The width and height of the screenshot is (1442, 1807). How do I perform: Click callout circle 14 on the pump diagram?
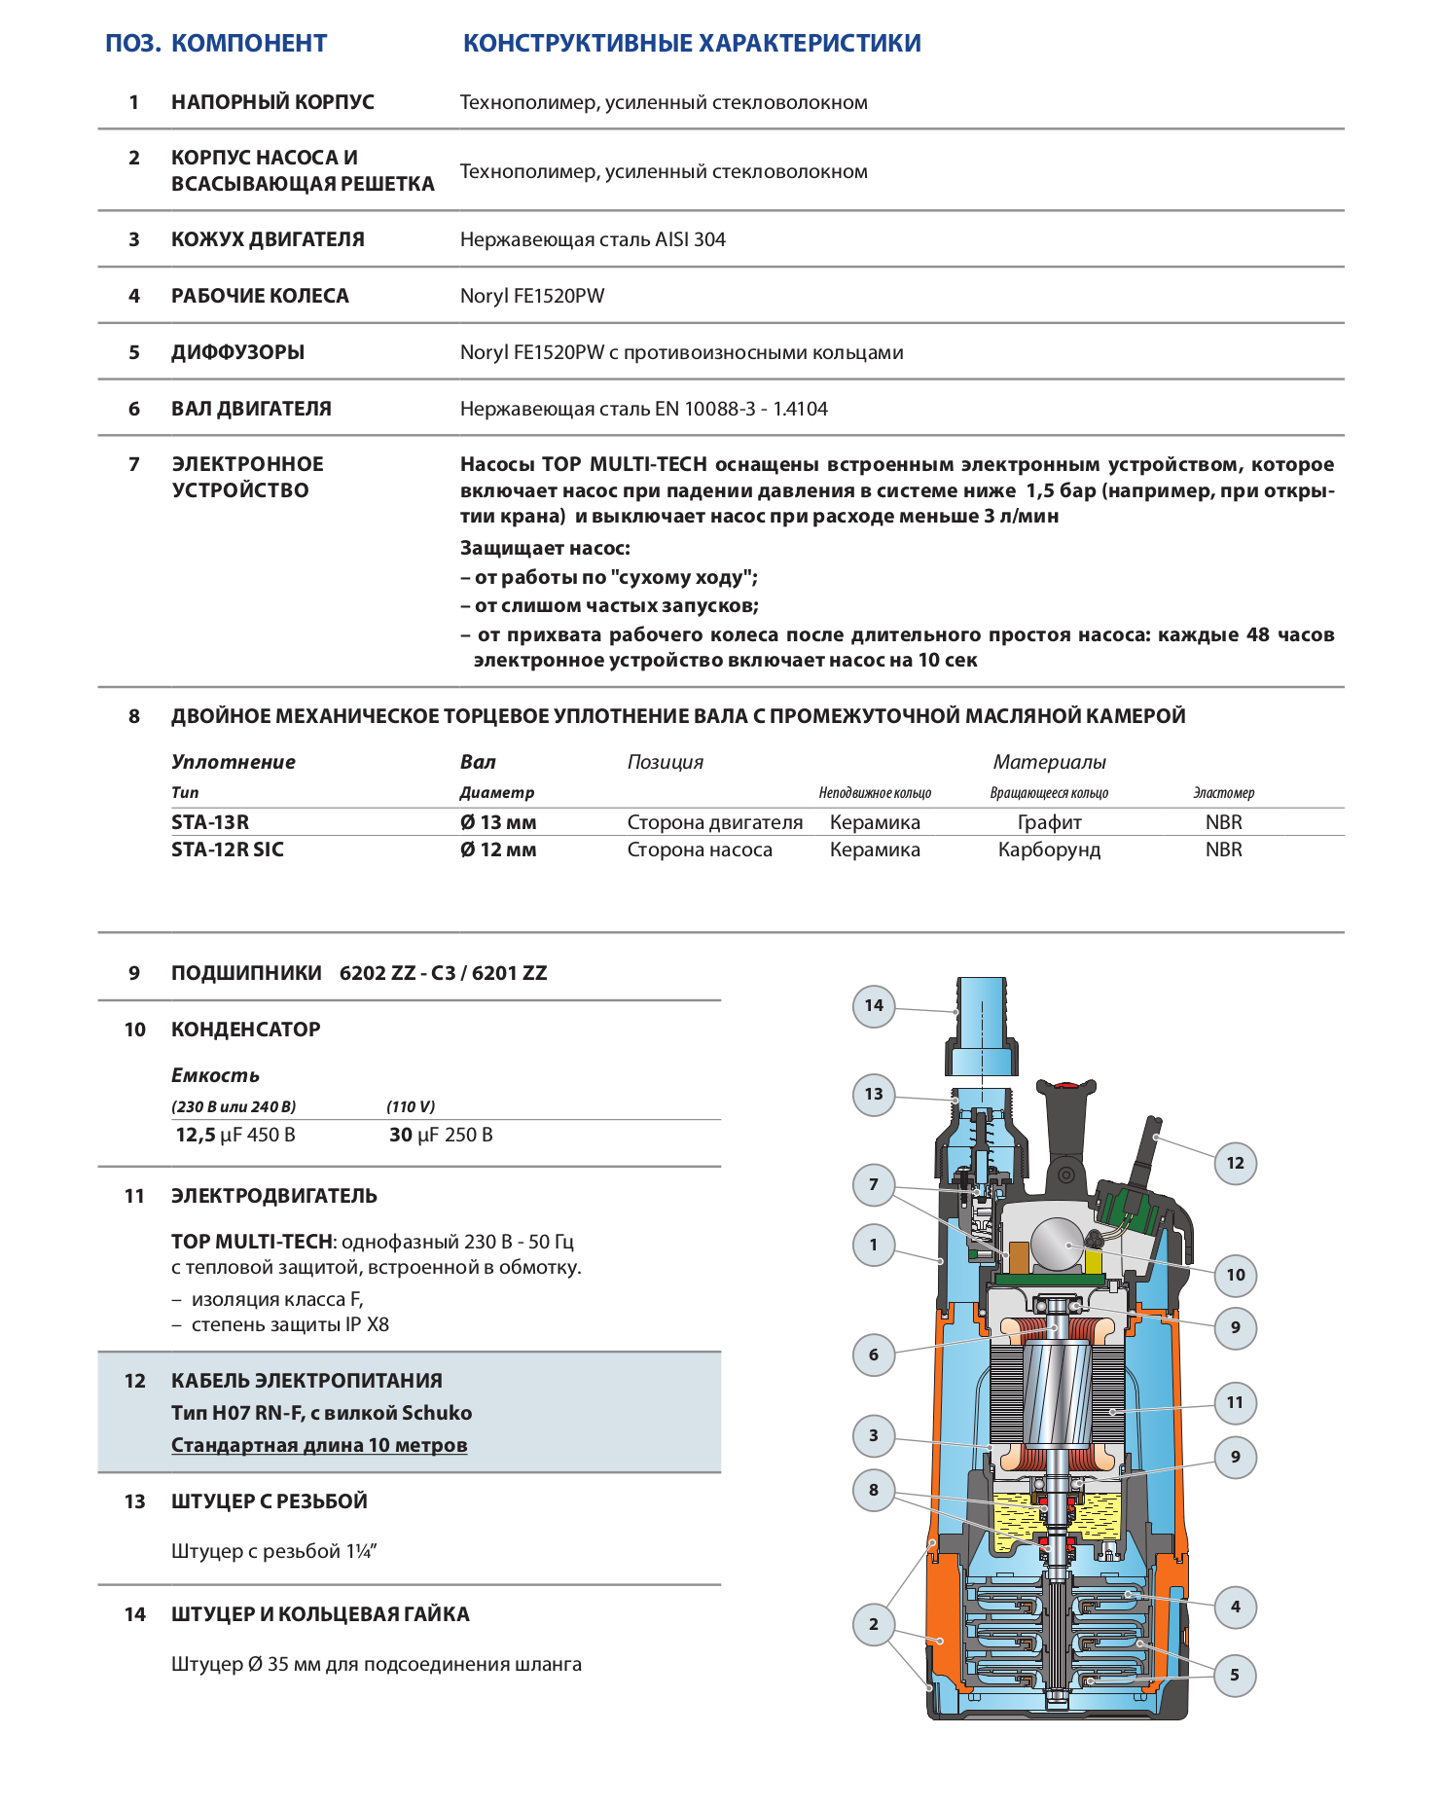tap(874, 1005)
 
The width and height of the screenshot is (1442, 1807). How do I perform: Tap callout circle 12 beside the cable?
tap(1235, 1163)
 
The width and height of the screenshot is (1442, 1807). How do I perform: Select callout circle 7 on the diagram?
tap(874, 1184)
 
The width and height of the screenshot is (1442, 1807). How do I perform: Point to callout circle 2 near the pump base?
tap(874, 1623)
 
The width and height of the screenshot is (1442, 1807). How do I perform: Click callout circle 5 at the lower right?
tap(1235, 1675)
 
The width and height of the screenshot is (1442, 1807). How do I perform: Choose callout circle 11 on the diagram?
tap(1235, 1402)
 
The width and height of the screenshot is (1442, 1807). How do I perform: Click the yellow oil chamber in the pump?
tap(1012, 1514)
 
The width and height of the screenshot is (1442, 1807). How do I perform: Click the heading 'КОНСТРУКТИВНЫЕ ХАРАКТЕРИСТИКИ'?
tap(692, 44)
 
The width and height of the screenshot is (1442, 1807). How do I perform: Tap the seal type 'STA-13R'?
tap(210, 822)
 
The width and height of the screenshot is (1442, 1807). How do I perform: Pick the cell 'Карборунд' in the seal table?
tap(1049, 849)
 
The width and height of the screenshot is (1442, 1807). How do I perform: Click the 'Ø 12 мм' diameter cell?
tap(498, 849)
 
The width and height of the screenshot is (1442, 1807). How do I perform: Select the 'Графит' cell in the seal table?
tap(1049, 822)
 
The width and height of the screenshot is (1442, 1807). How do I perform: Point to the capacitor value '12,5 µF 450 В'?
tap(235, 1135)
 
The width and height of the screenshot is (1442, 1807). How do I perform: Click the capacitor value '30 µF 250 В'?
tap(441, 1135)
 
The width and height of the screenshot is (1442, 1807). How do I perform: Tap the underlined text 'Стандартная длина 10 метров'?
tap(319, 1445)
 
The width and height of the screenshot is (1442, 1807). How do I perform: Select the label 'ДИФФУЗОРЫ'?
tap(237, 352)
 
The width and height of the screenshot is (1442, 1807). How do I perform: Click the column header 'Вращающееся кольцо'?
tap(1049, 793)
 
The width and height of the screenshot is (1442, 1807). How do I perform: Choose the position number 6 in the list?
tap(134, 409)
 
